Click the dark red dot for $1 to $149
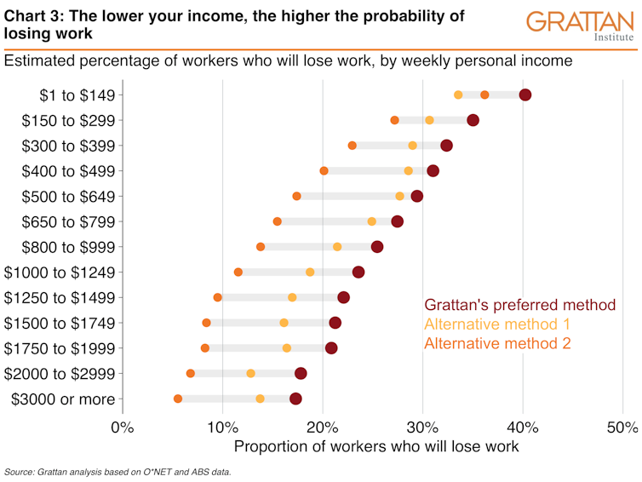tap(525, 95)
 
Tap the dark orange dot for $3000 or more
tap(178, 399)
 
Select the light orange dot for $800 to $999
tap(337, 247)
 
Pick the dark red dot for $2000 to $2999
tap(301, 373)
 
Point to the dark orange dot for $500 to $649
tap(296, 197)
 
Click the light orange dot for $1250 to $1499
tap(292, 297)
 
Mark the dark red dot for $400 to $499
tap(433, 171)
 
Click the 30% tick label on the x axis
tap(422, 427)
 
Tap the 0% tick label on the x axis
tap(123, 427)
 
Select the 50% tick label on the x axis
tap(622, 427)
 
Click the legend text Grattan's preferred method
tap(519, 305)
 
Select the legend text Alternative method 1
tap(497, 324)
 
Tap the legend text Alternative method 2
tap(497, 344)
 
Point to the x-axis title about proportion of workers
tap(375, 446)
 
